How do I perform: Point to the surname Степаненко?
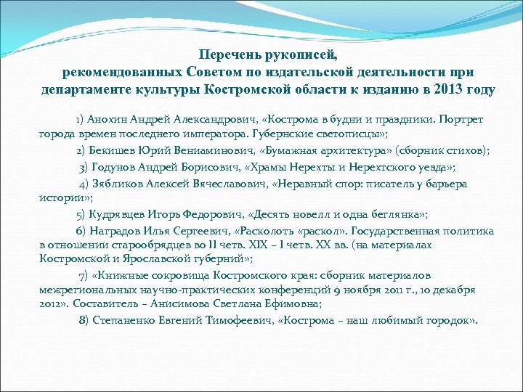119,320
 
